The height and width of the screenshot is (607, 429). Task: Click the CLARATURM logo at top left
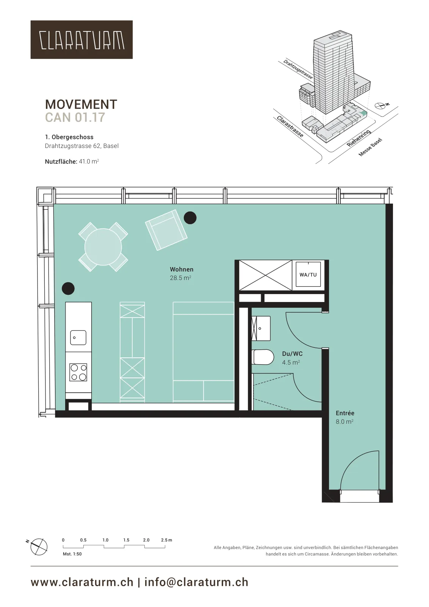point(81,39)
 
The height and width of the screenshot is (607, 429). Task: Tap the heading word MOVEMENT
point(81,105)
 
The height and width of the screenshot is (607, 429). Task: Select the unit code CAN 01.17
point(75,117)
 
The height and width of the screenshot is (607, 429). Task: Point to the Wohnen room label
point(182,269)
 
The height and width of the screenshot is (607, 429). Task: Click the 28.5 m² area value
point(180,278)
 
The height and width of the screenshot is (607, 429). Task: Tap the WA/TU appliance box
point(308,275)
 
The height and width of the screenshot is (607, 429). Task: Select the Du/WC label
point(292,354)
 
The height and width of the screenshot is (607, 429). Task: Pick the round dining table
point(103,247)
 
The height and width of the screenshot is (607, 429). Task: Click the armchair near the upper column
point(166,230)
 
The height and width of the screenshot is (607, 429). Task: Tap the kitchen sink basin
point(78,338)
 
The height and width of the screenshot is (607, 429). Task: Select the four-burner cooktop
point(78,372)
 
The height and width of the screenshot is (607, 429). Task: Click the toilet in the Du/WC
point(263,357)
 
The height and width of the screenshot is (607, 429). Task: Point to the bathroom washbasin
point(261,328)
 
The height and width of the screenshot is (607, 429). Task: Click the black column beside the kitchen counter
point(68,288)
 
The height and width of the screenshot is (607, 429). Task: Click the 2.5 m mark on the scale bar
point(166,540)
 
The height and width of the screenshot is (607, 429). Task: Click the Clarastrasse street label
point(290,126)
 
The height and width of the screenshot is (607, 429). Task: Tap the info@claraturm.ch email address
point(196,582)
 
